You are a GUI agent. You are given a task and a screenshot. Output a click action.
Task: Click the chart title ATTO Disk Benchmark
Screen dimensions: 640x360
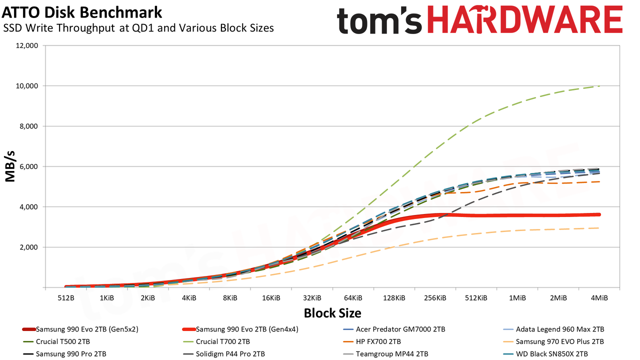(82, 12)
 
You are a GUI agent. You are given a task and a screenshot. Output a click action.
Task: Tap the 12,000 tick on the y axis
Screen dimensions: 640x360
(26, 45)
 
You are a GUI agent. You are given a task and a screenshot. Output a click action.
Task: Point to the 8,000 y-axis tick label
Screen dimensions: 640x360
(28, 126)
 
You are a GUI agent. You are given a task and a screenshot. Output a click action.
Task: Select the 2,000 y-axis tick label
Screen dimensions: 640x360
(28, 247)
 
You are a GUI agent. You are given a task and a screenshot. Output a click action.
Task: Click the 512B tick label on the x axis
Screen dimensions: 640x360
(66, 298)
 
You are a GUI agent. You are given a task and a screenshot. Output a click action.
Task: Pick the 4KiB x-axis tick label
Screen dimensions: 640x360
(189, 298)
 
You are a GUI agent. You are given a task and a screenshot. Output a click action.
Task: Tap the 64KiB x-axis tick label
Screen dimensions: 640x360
(353, 298)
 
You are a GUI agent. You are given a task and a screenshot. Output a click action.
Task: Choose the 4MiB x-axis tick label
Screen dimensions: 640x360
(599, 298)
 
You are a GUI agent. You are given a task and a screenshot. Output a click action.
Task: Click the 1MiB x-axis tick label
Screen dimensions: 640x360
(517, 298)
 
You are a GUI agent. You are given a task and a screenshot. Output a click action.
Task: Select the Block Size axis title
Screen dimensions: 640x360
(332, 313)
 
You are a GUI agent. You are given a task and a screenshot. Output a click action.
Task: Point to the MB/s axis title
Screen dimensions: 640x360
(10, 166)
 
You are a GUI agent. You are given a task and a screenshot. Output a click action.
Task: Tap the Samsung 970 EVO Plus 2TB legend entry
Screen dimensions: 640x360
(553, 341)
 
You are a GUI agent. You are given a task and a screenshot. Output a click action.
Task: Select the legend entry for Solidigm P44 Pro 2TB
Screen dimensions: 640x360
(223, 354)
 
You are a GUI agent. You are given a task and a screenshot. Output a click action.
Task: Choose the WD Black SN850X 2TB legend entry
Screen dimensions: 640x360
(545, 354)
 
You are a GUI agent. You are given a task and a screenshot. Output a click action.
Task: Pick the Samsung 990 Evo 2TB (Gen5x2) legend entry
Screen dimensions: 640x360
(80, 329)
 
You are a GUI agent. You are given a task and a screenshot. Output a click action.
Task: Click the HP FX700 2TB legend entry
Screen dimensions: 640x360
(371, 341)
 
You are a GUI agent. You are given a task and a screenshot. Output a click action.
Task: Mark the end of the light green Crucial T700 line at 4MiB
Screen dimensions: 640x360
(599, 86)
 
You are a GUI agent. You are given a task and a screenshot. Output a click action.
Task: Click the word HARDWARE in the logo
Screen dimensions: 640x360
(525, 19)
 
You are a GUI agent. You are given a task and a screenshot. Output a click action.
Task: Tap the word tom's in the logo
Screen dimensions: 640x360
(379, 20)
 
